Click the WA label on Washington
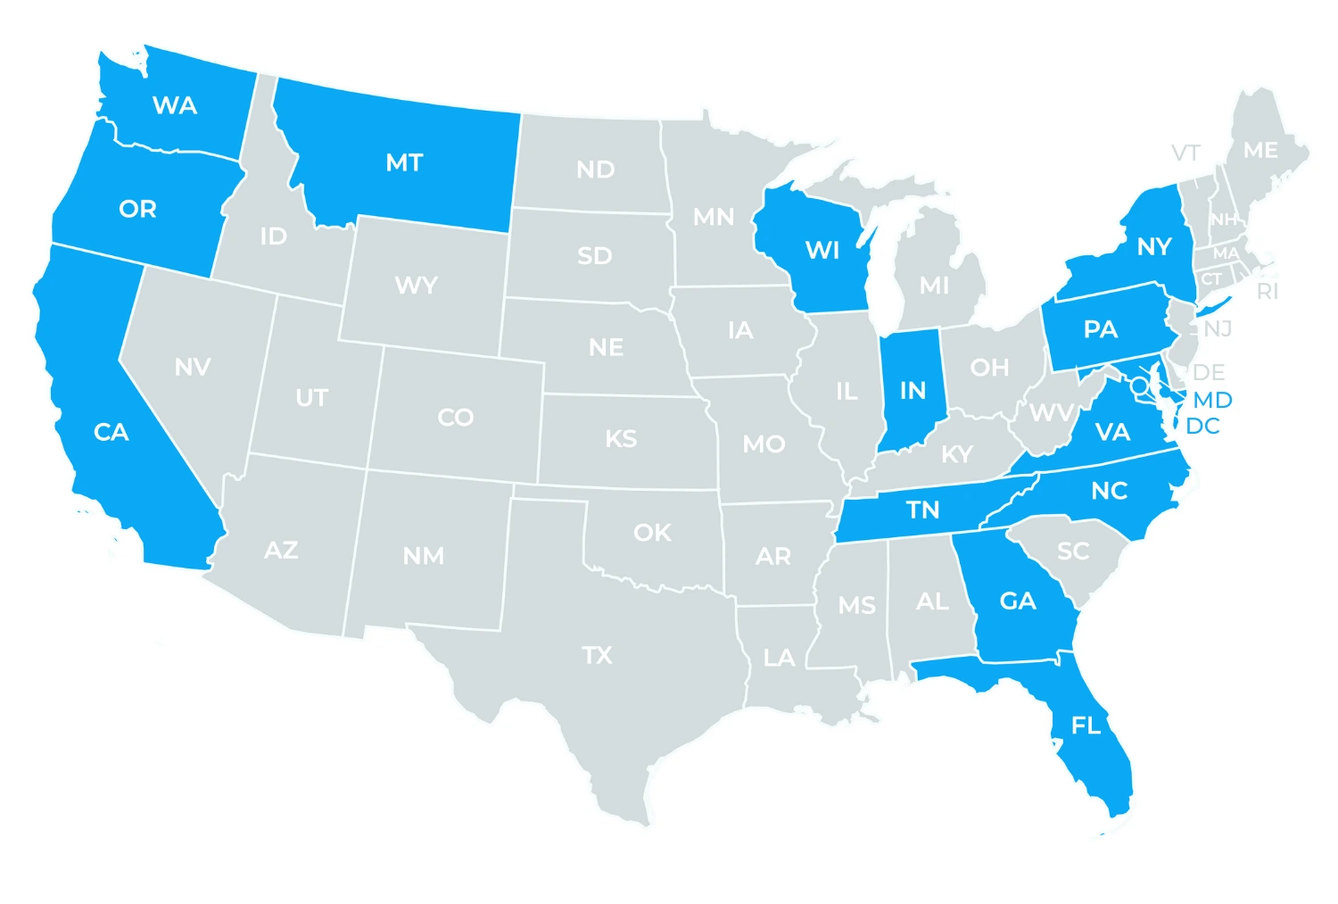click(175, 106)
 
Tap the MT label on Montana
click(404, 163)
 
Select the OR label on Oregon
click(137, 209)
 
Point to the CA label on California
click(111, 433)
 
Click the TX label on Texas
click(598, 656)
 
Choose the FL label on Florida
click(1086, 726)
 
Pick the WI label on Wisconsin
click(822, 251)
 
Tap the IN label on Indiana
click(913, 391)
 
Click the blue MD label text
click(1212, 400)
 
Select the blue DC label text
click(1202, 426)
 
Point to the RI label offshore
click(1267, 292)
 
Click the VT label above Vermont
click(1185, 153)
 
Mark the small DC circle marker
click(1140, 386)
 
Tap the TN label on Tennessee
click(923, 510)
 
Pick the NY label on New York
click(1153, 246)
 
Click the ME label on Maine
click(1260, 151)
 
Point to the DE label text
click(1209, 372)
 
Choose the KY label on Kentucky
click(957, 455)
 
